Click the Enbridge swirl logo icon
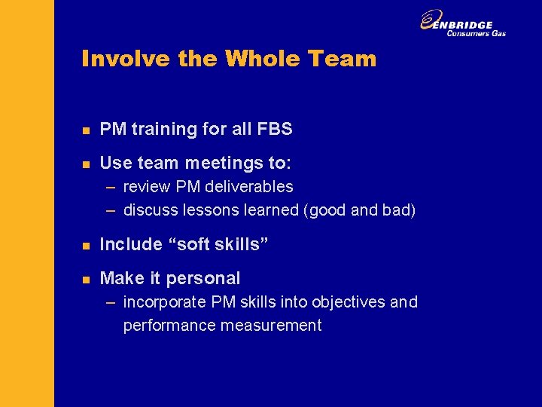[431, 20]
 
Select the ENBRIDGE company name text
[468, 24]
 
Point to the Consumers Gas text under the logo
[476, 33]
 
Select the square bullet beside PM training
[87, 130]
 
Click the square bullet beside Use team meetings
[87, 164]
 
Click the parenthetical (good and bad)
[359, 210]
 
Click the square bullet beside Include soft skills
[87, 246]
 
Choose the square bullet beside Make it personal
[87, 280]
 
